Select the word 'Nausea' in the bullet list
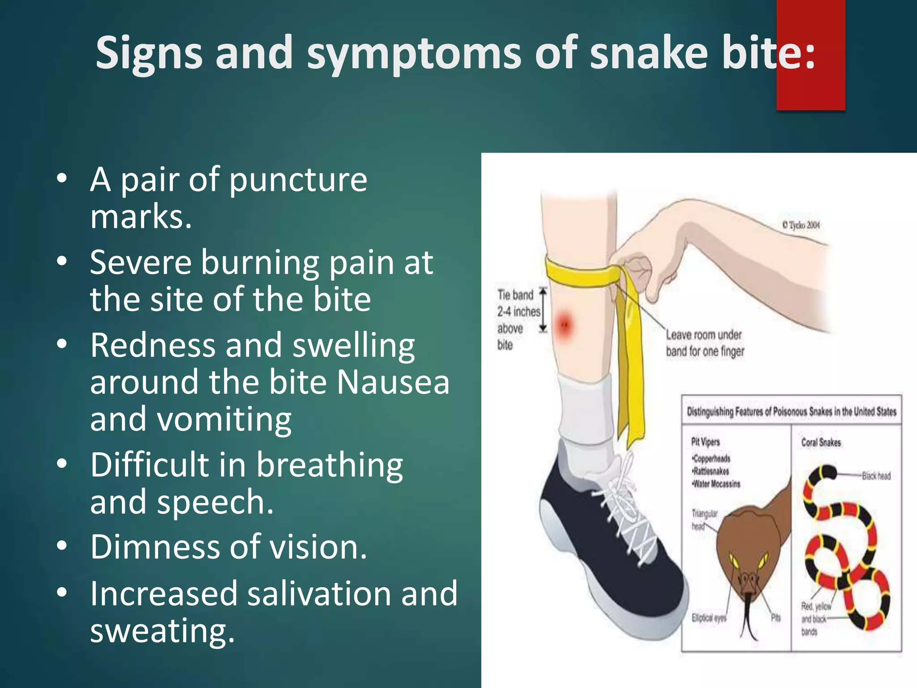coord(393,383)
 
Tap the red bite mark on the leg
coord(565,323)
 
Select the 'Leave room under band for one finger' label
coord(704,343)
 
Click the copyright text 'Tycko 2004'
coord(801,225)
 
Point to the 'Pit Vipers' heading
coord(705,442)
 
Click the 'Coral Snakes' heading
coord(821,443)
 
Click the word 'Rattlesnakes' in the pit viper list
coord(711,471)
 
